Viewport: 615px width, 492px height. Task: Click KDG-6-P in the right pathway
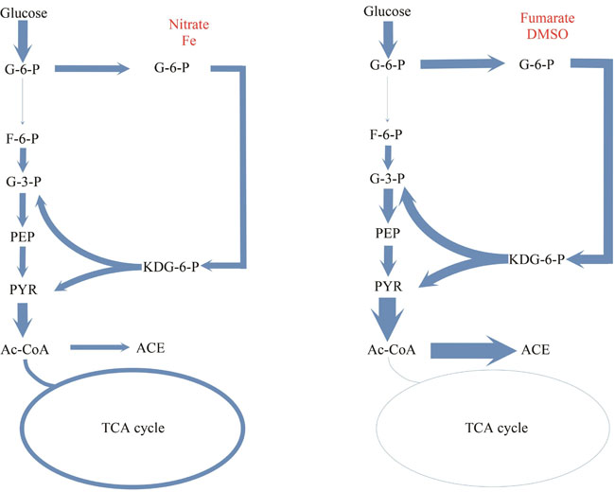pos(535,258)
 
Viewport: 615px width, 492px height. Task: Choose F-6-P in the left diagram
pos(22,138)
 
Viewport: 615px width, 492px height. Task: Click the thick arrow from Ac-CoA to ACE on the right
pos(468,349)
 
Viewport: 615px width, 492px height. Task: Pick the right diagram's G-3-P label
pos(388,178)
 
